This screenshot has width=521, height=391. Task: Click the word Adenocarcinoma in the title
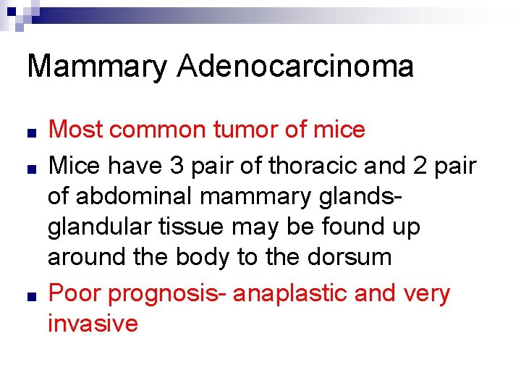[295, 67]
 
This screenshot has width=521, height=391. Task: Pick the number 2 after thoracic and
[423, 166]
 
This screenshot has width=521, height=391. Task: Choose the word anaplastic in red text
[308, 293]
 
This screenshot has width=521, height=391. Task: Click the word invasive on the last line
[93, 323]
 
